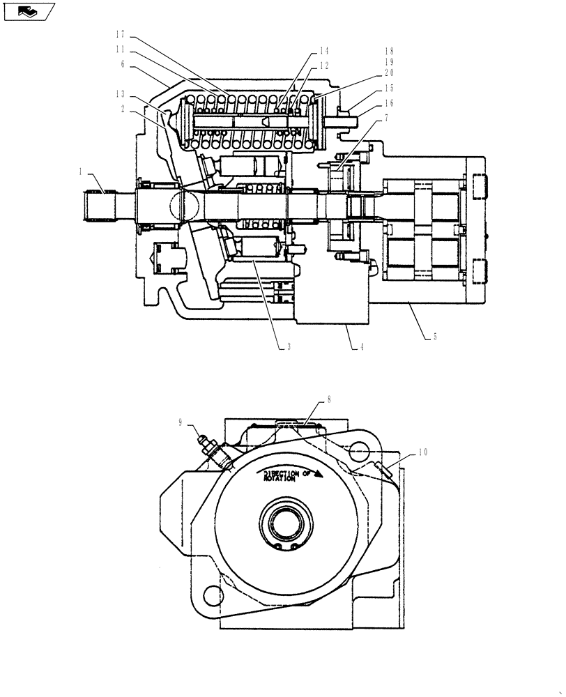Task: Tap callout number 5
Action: (435, 337)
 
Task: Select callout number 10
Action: (422, 452)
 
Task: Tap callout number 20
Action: (389, 72)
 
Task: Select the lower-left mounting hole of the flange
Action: (211, 595)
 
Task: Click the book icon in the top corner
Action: (28, 11)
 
